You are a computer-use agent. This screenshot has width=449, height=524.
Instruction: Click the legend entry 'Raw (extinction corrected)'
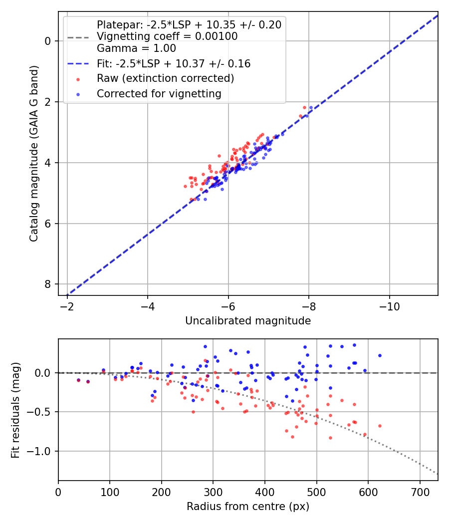165,78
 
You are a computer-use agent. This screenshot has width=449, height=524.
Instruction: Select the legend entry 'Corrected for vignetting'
159,93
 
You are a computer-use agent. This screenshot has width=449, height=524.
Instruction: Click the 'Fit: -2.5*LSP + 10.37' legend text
174,64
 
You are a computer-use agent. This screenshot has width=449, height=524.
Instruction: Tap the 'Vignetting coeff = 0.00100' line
167,36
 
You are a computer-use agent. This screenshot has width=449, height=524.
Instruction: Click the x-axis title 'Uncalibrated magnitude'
248,321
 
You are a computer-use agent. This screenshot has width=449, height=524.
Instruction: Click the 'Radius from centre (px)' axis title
248,507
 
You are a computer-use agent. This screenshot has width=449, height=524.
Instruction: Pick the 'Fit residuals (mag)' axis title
15,410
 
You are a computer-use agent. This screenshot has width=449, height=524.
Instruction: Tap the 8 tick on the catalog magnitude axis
48,284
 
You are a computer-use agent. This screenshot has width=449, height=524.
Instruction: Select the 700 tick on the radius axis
420,492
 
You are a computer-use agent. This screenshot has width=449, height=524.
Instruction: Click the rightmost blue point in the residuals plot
380,355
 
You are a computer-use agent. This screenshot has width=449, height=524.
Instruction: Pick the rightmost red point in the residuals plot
380,426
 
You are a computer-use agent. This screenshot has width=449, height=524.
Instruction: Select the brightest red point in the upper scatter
304,107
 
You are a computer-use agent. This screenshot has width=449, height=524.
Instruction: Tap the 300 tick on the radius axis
213,492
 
